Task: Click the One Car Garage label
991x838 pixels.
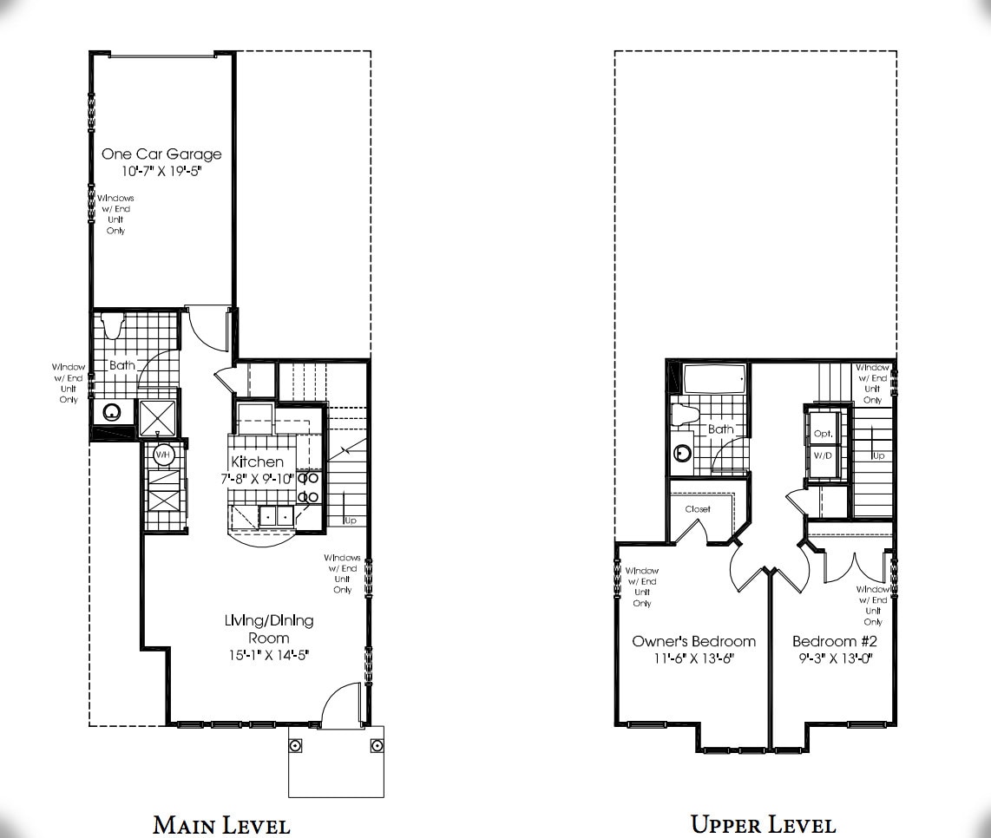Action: [161, 154]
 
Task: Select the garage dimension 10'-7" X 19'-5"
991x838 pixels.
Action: [161, 172]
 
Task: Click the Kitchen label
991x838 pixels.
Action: [257, 462]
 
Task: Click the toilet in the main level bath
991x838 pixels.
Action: [110, 326]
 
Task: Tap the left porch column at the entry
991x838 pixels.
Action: [295, 746]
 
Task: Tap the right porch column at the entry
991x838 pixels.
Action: [377, 746]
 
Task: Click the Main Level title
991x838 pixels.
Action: [221, 823]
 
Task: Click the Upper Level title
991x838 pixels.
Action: [763, 823]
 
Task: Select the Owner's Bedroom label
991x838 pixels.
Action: [693, 641]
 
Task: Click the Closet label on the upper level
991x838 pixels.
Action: [698, 509]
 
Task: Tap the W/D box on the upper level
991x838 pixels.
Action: [822, 455]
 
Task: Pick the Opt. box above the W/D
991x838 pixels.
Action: [822, 433]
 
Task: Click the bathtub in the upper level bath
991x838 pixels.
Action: [714, 379]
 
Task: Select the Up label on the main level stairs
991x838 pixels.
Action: [351, 520]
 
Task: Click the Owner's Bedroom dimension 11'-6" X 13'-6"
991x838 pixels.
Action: [693, 658]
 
